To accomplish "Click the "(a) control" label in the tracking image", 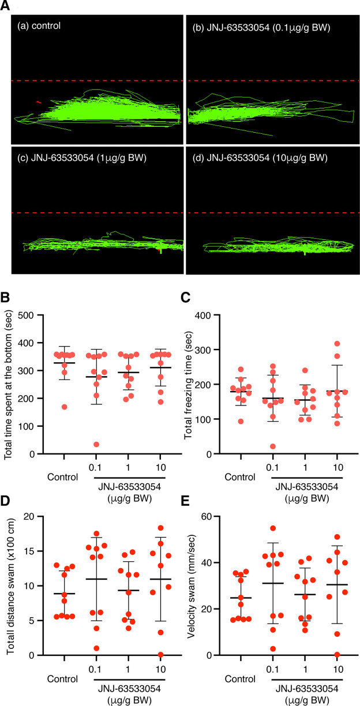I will tap(39, 26).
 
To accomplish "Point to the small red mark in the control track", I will tap(39, 102).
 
